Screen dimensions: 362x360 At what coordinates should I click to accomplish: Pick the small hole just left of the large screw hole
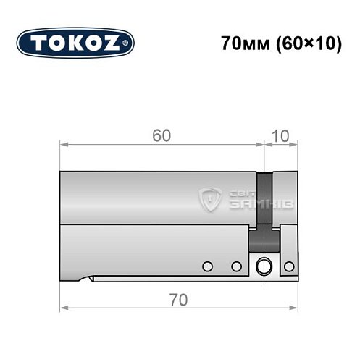(235, 266)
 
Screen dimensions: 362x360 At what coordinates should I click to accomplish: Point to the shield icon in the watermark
(211, 199)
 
